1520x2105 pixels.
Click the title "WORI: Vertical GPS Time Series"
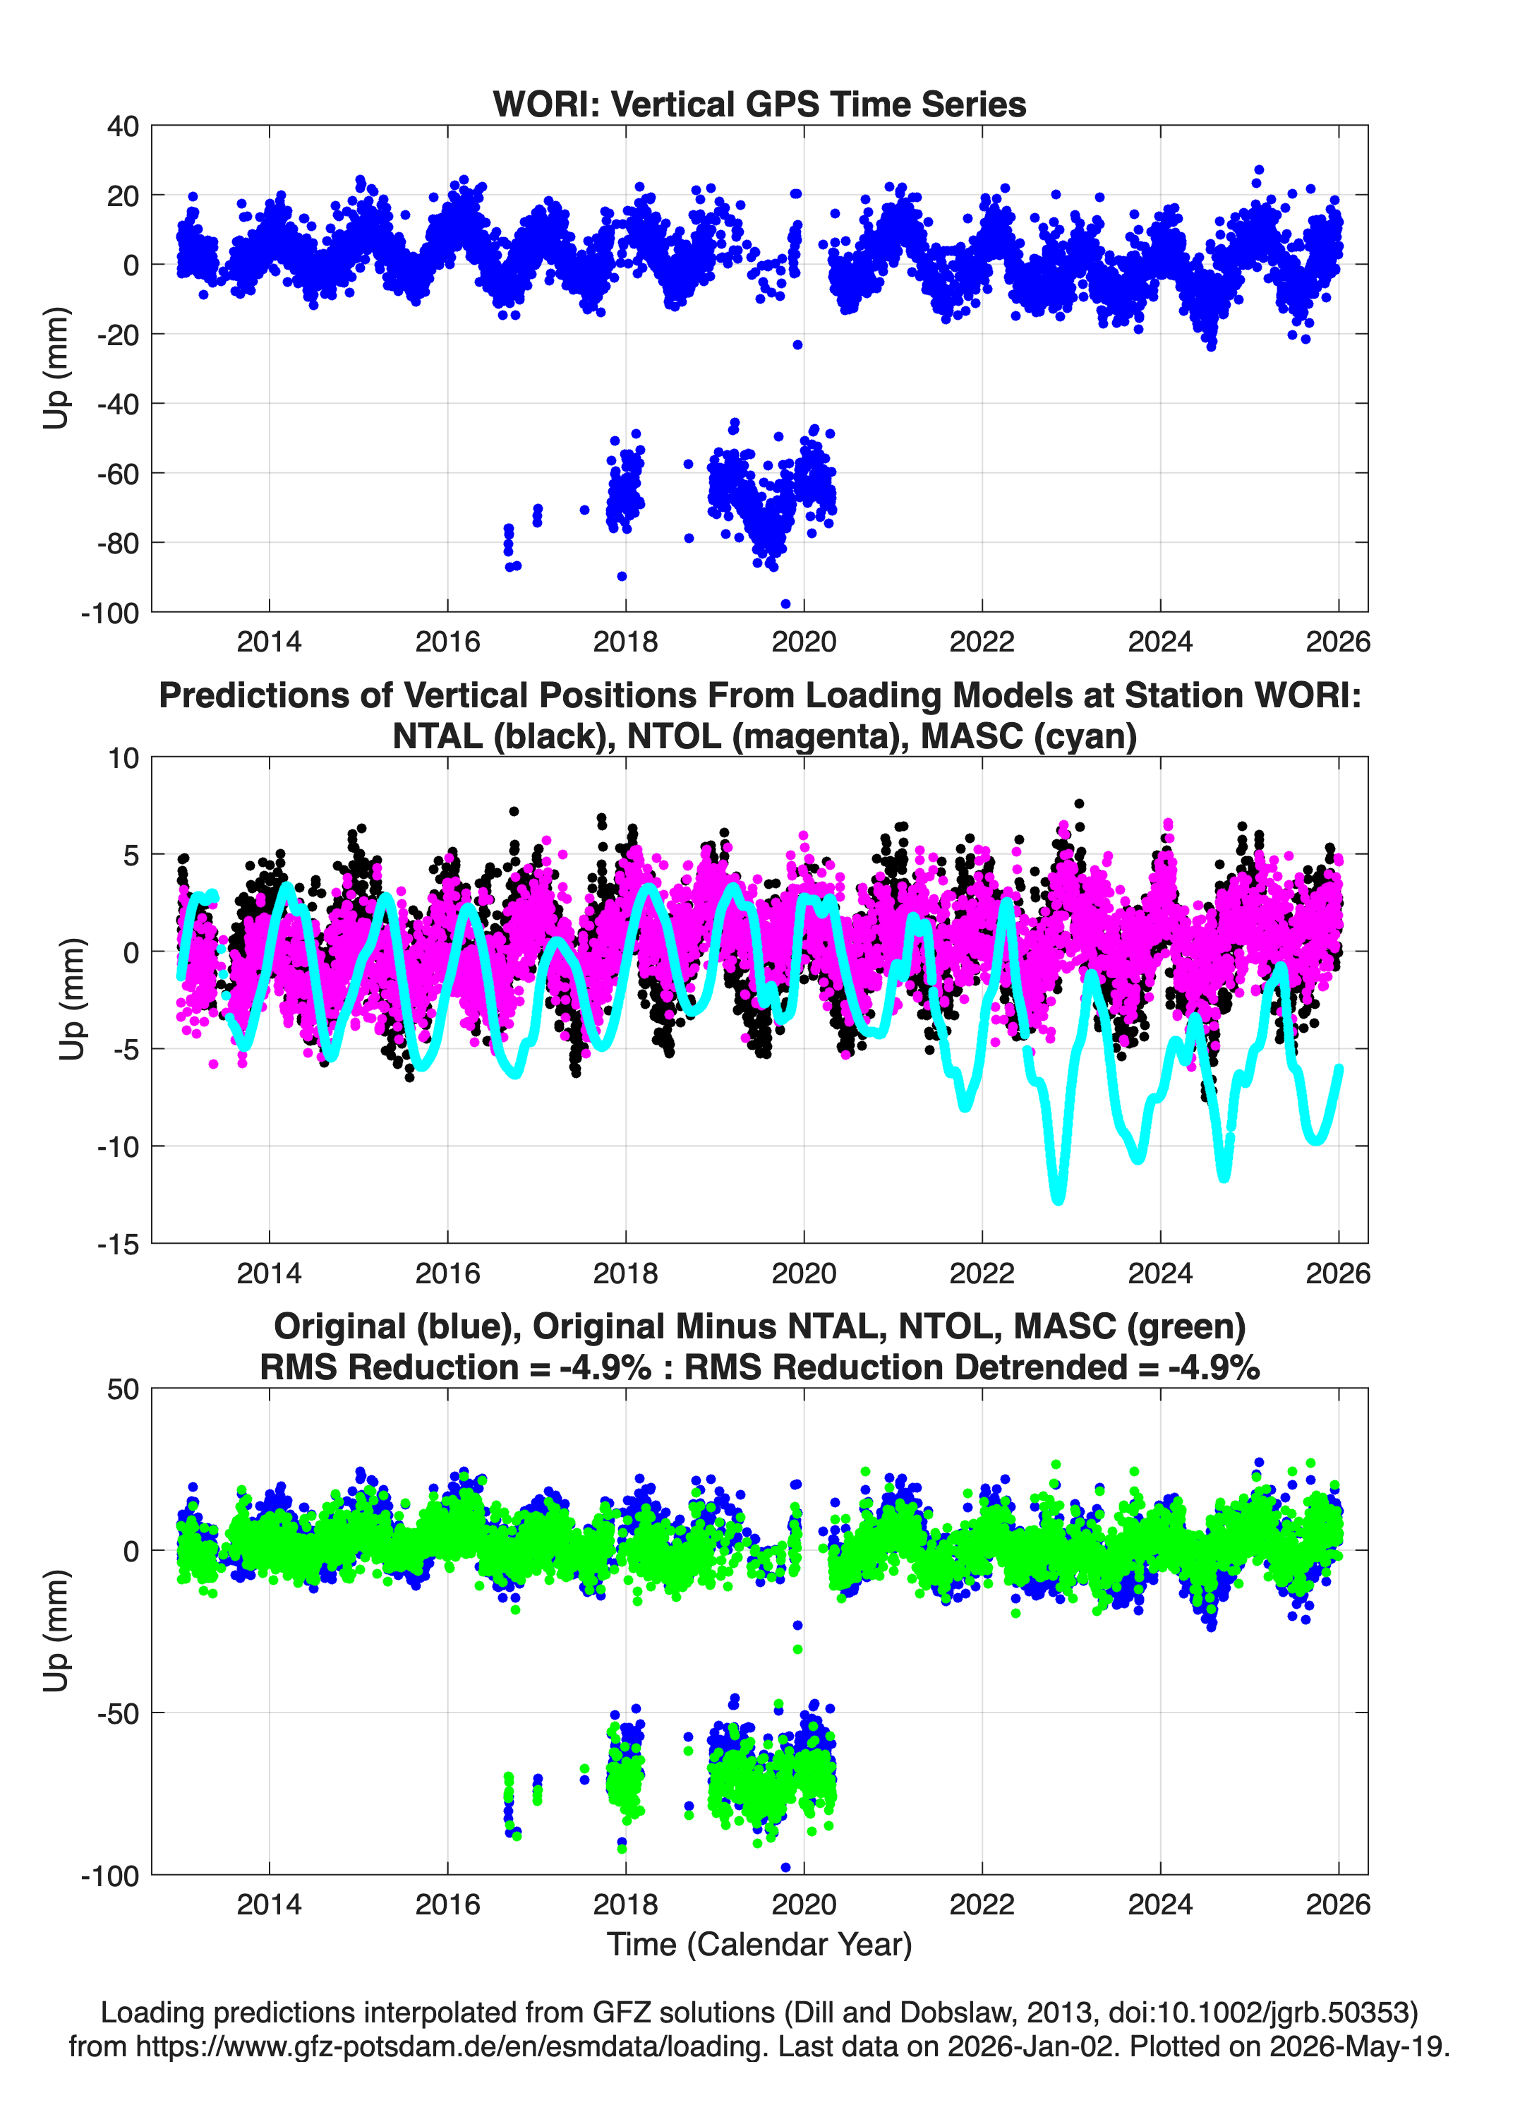tap(759, 104)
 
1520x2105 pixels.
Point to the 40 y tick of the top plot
tap(123, 126)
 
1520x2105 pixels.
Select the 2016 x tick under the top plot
tap(447, 642)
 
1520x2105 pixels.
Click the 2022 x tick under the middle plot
tap(982, 1273)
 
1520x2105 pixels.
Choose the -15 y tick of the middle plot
tap(118, 1245)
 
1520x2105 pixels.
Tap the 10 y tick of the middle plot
tap(123, 758)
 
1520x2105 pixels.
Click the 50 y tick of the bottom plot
tap(123, 1389)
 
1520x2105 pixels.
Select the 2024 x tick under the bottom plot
tap(1160, 1905)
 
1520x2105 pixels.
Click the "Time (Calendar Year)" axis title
tap(759, 1945)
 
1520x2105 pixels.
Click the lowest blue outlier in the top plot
tap(786, 604)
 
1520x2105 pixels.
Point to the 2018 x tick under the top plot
tap(625, 642)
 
